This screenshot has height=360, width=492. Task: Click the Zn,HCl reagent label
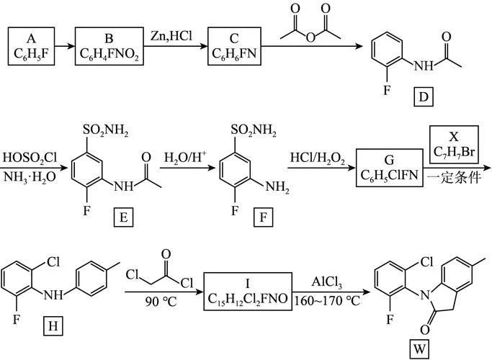pyautogui.click(x=171, y=36)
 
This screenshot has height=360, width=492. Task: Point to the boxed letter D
pyautogui.click(x=424, y=97)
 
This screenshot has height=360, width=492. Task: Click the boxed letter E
pyautogui.click(x=123, y=217)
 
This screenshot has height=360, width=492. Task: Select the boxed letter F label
pyautogui.click(x=263, y=217)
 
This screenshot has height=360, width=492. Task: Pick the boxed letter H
pyautogui.click(x=53, y=326)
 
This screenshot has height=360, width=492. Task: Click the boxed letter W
pyautogui.click(x=419, y=348)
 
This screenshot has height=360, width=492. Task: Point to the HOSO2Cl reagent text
pyautogui.click(x=30, y=158)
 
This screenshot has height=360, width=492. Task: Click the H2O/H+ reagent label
pyautogui.click(x=185, y=157)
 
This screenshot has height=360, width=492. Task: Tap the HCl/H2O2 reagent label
pyautogui.click(x=318, y=158)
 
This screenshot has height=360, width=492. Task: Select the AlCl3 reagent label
pyautogui.click(x=326, y=282)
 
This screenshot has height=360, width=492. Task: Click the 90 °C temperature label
pyautogui.click(x=161, y=302)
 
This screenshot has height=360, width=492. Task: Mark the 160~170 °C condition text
pyautogui.click(x=327, y=301)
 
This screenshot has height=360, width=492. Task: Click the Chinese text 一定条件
pyautogui.click(x=454, y=178)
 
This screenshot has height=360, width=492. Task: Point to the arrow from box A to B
pyautogui.click(x=65, y=46)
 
